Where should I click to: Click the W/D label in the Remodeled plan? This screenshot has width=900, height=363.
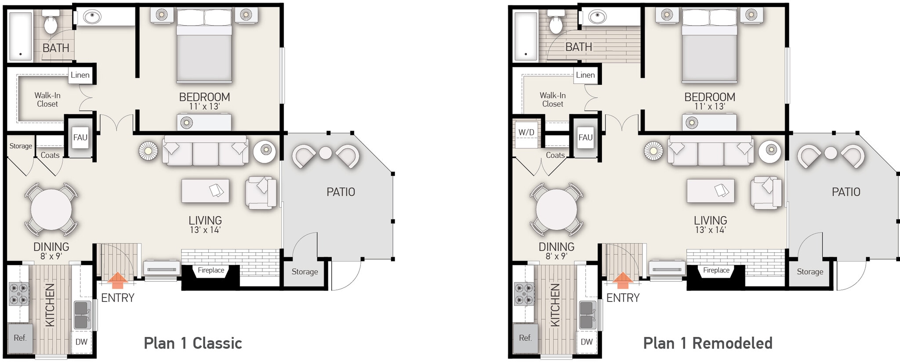click(526, 132)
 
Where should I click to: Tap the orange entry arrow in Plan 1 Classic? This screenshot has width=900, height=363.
click(118, 277)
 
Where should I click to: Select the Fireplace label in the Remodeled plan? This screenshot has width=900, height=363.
click(716, 270)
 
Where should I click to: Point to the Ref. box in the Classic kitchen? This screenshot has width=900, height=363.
click(20, 338)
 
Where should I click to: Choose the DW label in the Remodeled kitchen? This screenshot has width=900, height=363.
click(587, 342)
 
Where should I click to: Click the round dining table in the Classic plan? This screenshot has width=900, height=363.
click(51, 209)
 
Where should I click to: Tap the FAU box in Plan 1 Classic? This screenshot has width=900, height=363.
click(80, 138)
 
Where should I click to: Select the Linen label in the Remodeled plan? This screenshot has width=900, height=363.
click(585, 75)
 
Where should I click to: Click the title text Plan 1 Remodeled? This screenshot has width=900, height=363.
click(708, 343)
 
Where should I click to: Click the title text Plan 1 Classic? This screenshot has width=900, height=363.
click(193, 343)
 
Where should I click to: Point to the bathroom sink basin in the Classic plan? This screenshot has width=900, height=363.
click(92, 17)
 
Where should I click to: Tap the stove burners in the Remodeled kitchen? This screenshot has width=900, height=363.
click(525, 294)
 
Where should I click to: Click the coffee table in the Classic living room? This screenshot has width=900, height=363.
click(205, 191)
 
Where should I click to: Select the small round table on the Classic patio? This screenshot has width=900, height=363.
click(325, 152)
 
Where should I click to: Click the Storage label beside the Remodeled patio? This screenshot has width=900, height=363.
click(810, 272)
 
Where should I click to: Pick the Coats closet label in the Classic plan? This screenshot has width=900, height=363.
click(50, 155)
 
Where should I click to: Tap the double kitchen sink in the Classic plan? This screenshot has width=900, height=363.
click(82, 315)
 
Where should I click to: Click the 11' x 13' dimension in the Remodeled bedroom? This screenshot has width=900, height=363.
click(710, 106)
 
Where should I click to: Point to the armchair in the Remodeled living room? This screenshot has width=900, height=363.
click(766, 192)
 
